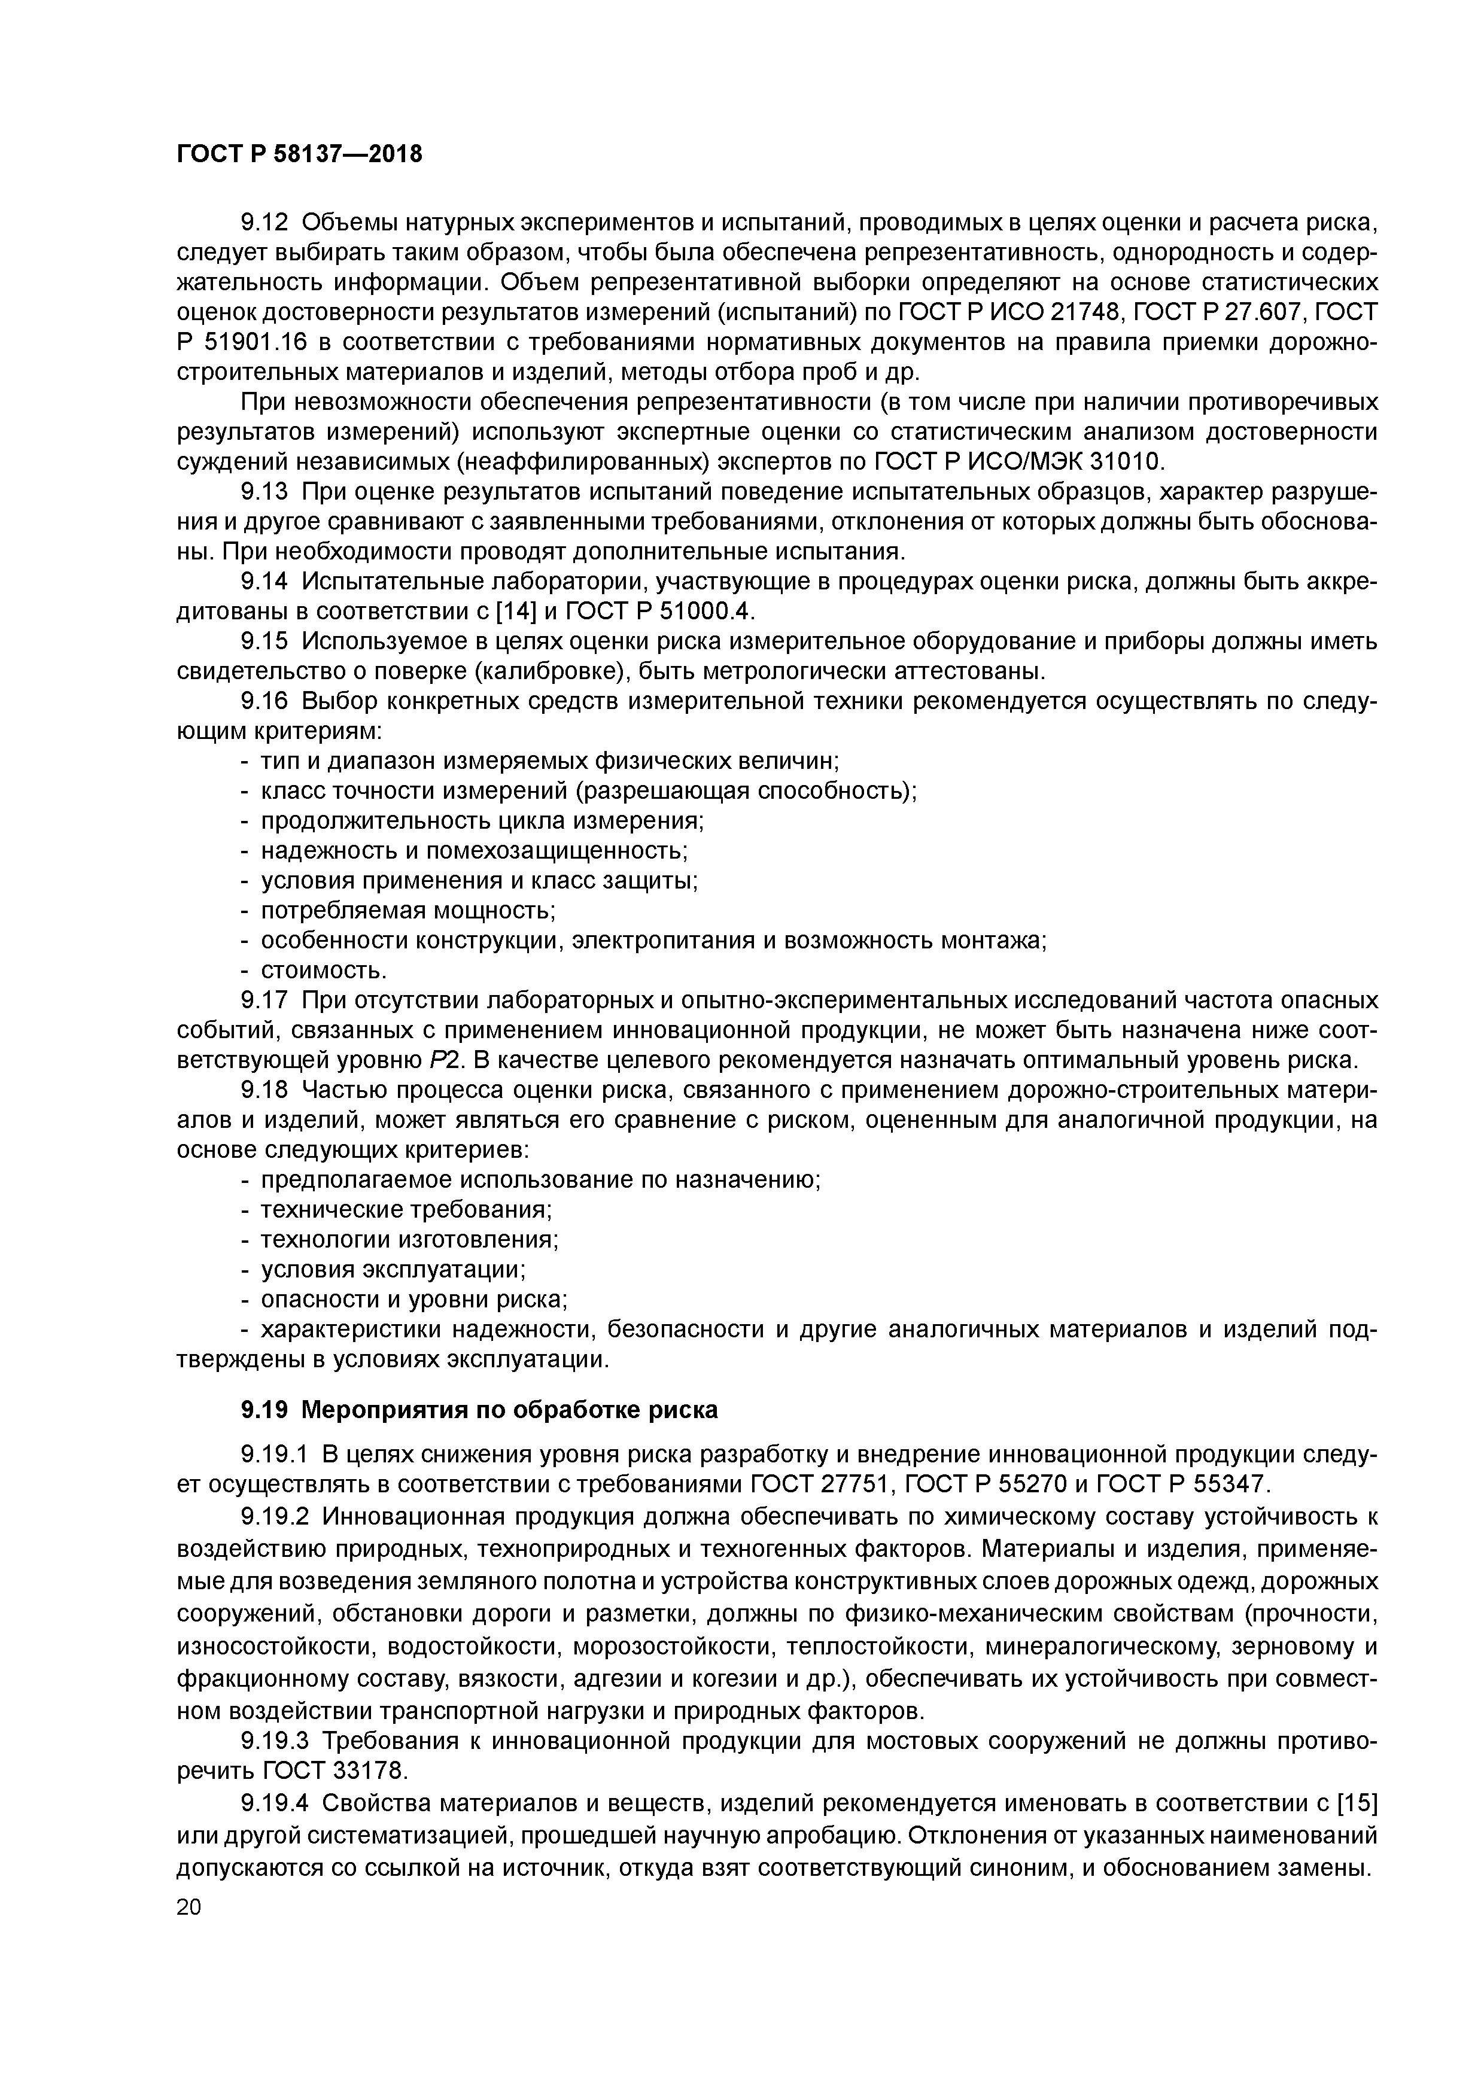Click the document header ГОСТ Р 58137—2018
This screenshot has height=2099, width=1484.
(299, 154)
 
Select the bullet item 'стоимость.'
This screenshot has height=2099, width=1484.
(311, 969)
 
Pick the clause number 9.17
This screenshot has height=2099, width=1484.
(264, 999)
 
